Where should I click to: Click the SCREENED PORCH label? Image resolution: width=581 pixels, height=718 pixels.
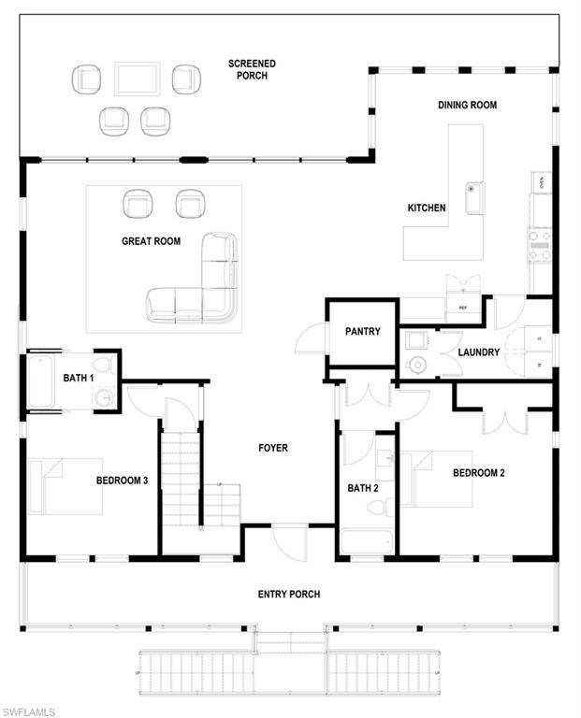pos(252,69)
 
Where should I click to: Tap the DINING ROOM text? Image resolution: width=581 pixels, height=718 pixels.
pos(467,105)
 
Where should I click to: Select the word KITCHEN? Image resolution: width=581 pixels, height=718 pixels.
pos(427,208)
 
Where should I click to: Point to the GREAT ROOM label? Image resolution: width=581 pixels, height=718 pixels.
pos(151,241)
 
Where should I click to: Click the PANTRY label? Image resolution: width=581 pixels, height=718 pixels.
pos(362,331)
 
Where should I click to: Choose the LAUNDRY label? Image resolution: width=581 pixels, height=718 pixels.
pos(479,352)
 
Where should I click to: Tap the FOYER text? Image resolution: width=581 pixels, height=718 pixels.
pos(273,448)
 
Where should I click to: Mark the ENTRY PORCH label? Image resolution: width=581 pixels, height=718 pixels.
pos(289,595)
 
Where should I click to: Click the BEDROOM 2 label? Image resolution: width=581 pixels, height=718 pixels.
pos(478,473)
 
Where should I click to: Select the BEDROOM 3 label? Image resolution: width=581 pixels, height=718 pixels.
pos(122,481)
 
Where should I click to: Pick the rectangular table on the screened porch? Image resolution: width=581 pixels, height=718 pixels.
pos(138,79)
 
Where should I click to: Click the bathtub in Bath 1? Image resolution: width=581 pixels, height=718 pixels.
pos(44,381)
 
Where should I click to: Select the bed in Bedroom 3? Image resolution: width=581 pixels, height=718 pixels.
pos(65,485)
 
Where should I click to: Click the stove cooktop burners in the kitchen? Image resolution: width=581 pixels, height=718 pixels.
pos(540,245)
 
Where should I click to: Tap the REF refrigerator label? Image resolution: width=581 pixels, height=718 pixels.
pos(462,306)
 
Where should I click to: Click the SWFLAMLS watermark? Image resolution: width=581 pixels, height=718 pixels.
pos(29,711)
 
